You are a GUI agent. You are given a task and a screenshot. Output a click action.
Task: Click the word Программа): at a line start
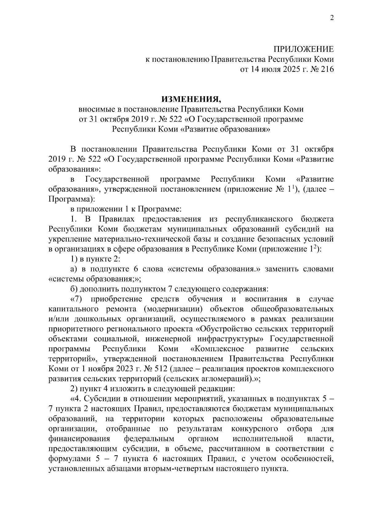(x=70, y=199)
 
